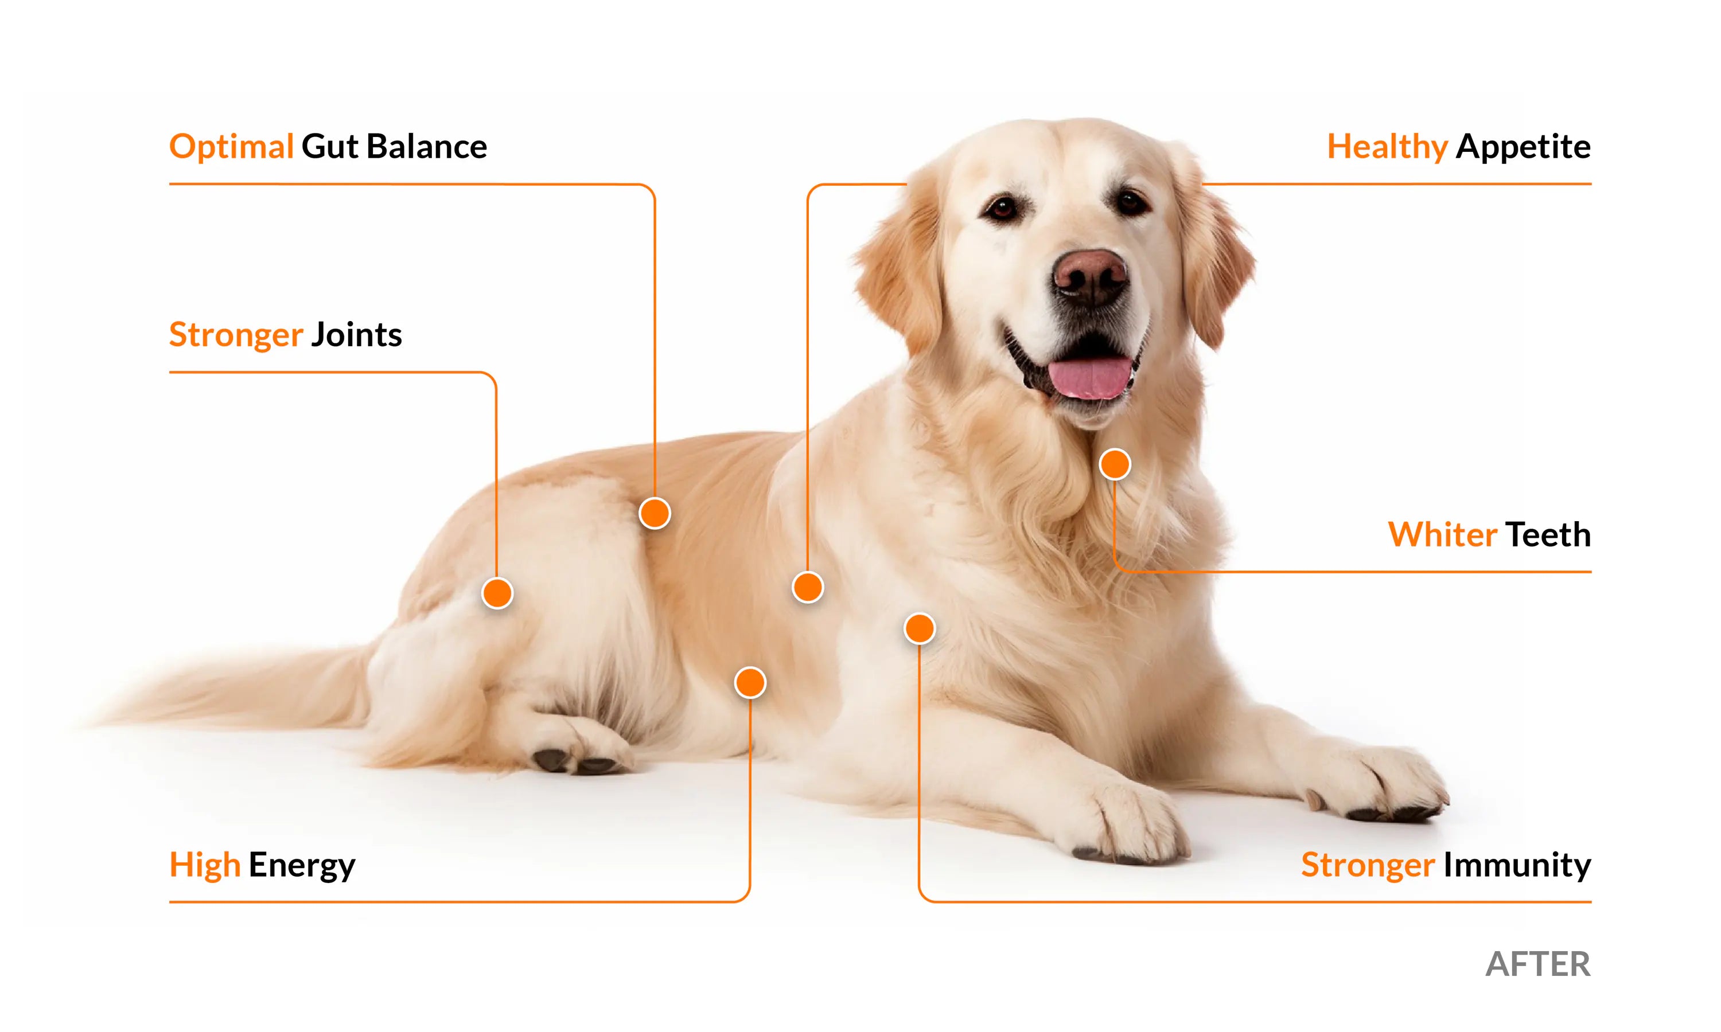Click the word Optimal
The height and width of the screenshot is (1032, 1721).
coord(231,147)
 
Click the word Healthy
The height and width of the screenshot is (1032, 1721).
coord(1387,147)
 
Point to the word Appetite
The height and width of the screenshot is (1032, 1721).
coord(1524,147)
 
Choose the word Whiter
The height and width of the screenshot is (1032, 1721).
coord(1442,535)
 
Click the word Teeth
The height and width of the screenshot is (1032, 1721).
coord(1548,535)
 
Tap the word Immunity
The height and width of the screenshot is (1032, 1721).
coord(1517,866)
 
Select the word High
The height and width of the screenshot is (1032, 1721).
coord(205,866)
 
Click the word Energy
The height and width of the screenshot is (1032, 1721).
coord(302,866)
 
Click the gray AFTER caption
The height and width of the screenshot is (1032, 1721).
coord(1538,964)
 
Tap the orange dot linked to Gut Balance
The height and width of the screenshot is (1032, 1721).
coord(655,513)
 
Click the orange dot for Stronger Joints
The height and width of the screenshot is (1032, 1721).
coord(497,593)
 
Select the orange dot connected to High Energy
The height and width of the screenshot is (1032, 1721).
coord(750,683)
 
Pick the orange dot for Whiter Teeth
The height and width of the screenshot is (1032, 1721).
coord(1115,464)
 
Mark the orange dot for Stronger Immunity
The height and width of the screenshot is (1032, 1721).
coord(920,628)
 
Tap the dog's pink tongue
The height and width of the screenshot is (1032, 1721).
coord(1089,378)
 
